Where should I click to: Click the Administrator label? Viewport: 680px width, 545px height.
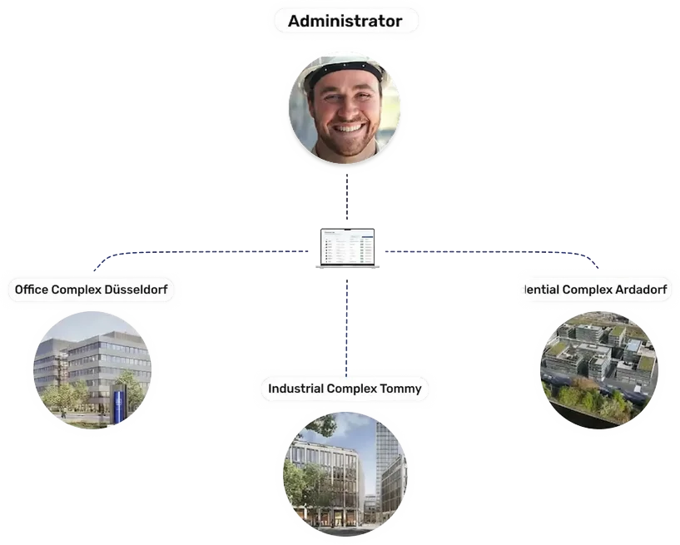(345, 22)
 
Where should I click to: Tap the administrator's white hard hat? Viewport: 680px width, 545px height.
(344, 69)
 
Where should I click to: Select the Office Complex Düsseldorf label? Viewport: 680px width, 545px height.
(92, 290)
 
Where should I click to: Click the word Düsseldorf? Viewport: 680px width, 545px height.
(136, 290)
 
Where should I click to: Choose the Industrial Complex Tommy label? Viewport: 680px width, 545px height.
(345, 389)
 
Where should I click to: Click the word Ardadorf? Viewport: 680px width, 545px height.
(642, 290)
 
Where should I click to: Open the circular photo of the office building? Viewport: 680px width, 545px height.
(92, 369)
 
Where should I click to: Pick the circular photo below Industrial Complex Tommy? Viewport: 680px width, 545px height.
(345, 473)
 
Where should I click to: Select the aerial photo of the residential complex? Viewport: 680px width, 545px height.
(598, 369)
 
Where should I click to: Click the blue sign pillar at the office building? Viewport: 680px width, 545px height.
(118, 407)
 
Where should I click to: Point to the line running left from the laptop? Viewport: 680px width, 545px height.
(216, 250)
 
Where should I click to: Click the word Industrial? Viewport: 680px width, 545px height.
(295, 389)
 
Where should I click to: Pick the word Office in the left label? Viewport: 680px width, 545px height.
(32, 290)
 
